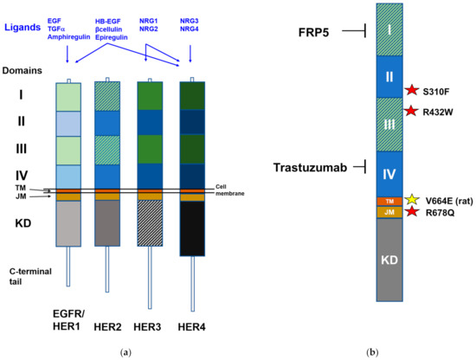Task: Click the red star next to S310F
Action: click(x=412, y=90)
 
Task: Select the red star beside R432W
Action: click(x=412, y=112)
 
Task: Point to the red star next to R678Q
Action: click(x=412, y=212)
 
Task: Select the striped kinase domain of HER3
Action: click(x=150, y=226)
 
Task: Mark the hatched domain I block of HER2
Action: click(x=108, y=96)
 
